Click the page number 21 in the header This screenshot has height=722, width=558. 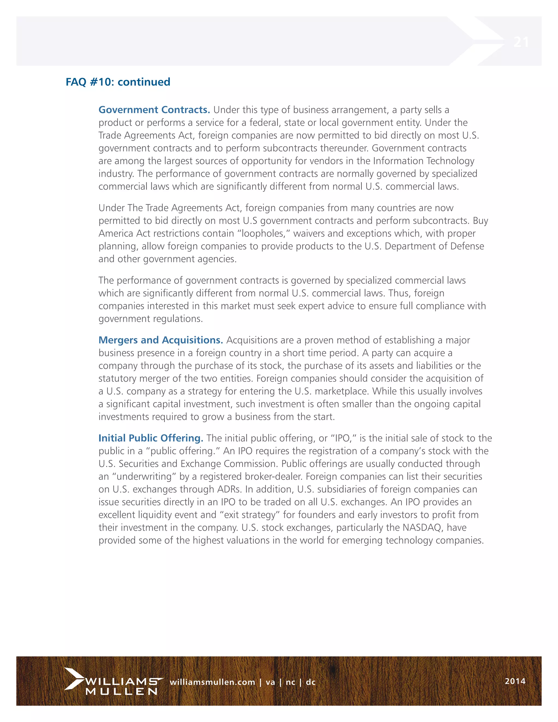click(521, 42)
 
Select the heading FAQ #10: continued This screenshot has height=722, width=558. click(118, 82)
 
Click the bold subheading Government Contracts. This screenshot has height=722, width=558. click(154, 110)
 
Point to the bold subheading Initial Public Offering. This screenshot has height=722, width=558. click(151, 438)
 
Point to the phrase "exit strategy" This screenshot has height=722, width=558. click(250, 515)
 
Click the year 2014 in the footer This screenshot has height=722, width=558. click(515, 681)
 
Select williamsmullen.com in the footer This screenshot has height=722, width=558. click(212, 682)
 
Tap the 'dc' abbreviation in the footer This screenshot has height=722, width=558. click(310, 682)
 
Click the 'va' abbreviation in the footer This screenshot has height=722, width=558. click(270, 682)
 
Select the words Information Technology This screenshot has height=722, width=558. click(423, 161)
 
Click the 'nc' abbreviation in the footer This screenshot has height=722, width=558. click(290, 682)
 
